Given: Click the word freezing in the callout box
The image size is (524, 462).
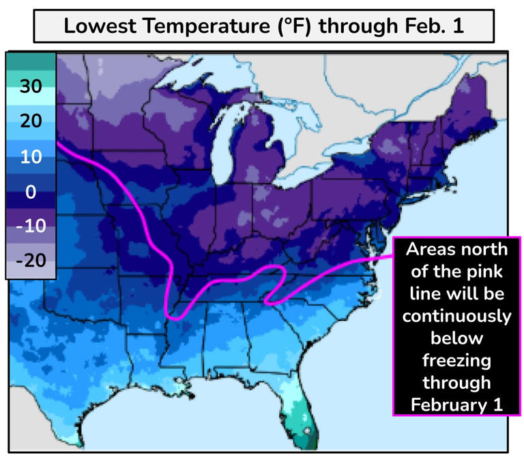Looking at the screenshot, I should pos(456,359).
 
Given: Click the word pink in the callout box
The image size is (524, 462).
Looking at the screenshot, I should pos(484,272).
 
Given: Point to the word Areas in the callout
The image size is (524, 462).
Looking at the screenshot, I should pos(429,250).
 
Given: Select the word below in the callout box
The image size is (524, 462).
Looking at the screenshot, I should pos(456,338).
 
